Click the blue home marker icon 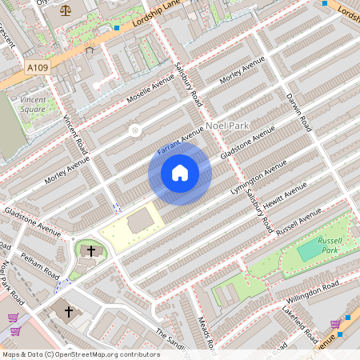180,172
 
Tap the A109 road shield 38,68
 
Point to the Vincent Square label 32,104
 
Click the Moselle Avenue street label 150,91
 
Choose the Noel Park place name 228,126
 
